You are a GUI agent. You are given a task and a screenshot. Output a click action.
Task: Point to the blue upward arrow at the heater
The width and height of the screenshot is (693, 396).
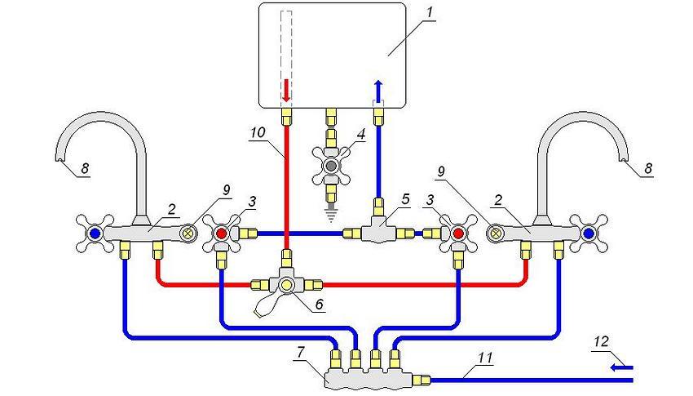tap(378, 87)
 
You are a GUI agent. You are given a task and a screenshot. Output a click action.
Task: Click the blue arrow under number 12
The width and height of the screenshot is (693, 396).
tap(624, 367)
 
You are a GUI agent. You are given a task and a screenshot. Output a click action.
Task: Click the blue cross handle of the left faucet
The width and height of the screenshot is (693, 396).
tap(95, 233)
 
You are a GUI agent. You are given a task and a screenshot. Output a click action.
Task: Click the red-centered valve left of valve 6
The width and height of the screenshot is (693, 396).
tap(222, 234)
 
